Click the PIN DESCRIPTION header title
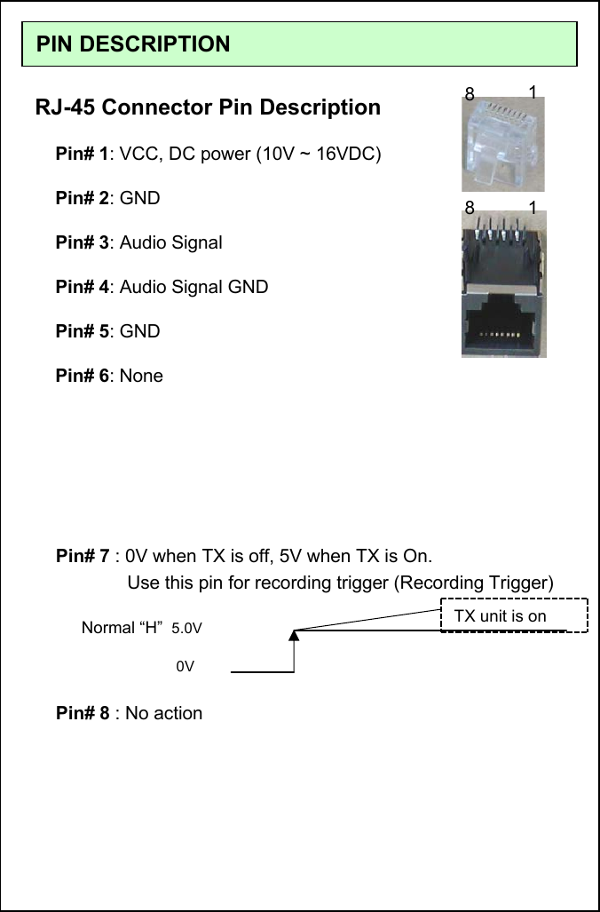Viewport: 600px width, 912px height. coord(133,44)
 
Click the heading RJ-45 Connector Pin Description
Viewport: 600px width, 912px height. coord(208,107)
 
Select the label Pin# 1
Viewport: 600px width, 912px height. coord(82,154)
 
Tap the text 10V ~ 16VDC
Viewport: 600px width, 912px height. coord(320,154)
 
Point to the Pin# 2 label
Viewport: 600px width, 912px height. coord(82,198)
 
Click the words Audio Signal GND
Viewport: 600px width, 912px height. coord(193,287)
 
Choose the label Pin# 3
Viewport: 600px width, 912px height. coord(82,242)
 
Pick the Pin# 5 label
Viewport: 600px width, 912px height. coord(82,331)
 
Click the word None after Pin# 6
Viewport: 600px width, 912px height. coord(141,376)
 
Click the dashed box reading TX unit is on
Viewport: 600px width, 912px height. coord(514,615)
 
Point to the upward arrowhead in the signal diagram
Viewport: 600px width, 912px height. coord(293,634)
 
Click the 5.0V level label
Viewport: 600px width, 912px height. coord(186,629)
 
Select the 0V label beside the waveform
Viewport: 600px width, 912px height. coord(185,665)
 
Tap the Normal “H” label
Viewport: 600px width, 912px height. coord(122,628)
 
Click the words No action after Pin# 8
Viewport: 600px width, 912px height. coord(163,713)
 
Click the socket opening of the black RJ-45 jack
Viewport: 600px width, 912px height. coord(503,326)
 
